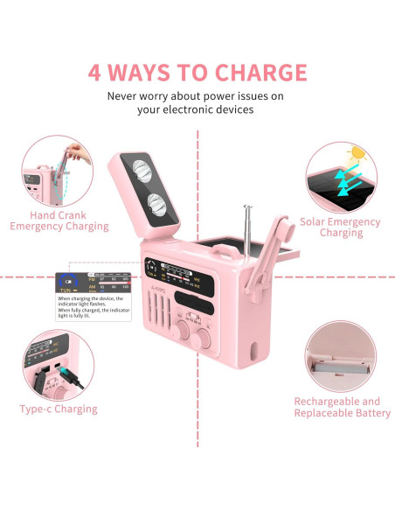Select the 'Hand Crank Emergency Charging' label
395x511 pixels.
59,220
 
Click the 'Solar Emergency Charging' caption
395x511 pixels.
341,227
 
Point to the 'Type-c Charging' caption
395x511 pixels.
59,409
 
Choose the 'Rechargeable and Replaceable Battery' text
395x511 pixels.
341,408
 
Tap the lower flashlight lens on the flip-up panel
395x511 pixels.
157,205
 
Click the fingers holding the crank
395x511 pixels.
80,156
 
